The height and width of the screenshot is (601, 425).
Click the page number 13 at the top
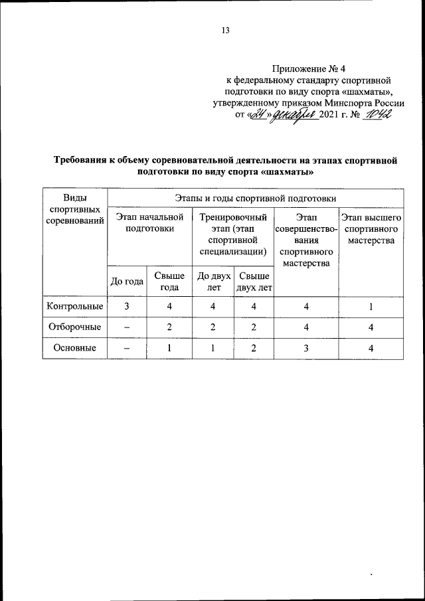(x=225, y=30)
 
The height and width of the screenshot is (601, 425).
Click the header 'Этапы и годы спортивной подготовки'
(x=255, y=198)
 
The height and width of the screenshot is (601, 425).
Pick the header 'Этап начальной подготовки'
(x=149, y=222)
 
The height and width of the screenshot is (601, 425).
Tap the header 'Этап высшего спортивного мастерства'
(x=371, y=228)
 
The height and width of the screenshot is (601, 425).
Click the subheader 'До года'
(x=127, y=281)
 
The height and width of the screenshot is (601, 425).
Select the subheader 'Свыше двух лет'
(x=254, y=281)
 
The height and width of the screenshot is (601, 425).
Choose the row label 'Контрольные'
(x=74, y=306)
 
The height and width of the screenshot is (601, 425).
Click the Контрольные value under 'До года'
(x=127, y=306)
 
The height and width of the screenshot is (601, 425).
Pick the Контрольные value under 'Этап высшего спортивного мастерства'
(x=371, y=306)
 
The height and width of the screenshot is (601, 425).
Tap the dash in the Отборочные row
(x=127, y=327)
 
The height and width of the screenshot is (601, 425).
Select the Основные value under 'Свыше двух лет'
(x=254, y=347)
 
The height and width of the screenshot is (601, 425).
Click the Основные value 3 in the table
(x=306, y=347)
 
